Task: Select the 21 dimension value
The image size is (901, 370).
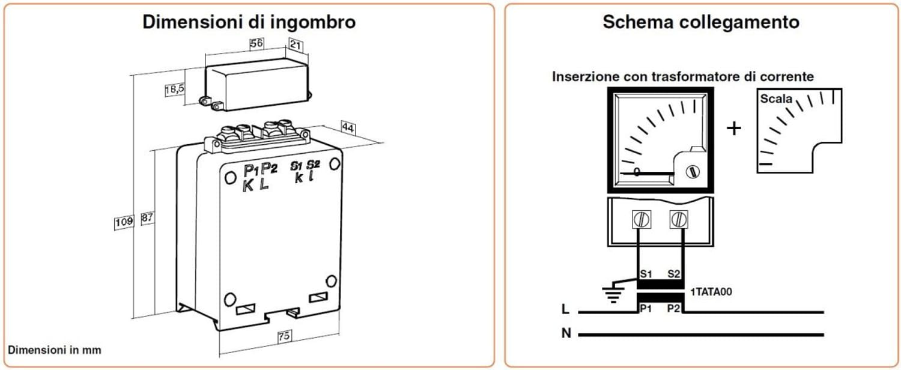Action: pos(296,44)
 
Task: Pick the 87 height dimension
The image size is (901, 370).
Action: pos(146,218)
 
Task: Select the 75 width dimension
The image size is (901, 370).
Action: pos(284,337)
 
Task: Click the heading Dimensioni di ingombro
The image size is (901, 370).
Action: pos(249,22)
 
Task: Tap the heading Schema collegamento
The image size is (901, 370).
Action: pos(701,22)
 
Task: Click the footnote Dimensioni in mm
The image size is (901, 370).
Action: pos(54,350)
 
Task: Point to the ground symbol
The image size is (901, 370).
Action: pos(613,294)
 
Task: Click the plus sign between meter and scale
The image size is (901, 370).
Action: pos(734,128)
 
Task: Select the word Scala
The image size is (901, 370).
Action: pos(776,99)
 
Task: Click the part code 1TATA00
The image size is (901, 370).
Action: pos(711,292)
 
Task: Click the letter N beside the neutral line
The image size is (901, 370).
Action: pos(566,333)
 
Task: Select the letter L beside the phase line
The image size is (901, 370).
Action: pos(565,310)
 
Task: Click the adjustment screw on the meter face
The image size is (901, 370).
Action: pos(693,171)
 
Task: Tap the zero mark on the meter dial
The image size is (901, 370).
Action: pos(637,172)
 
